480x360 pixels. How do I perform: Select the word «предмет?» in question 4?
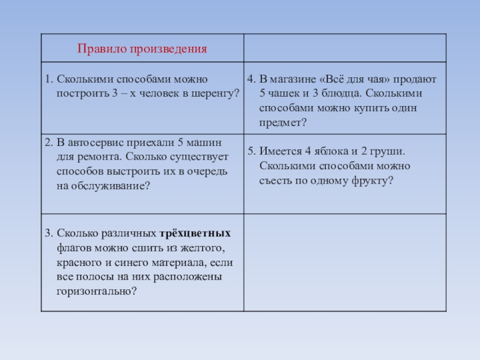point(283,123)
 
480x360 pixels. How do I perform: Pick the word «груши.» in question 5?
point(391,152)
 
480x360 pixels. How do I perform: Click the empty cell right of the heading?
point(345,48)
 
